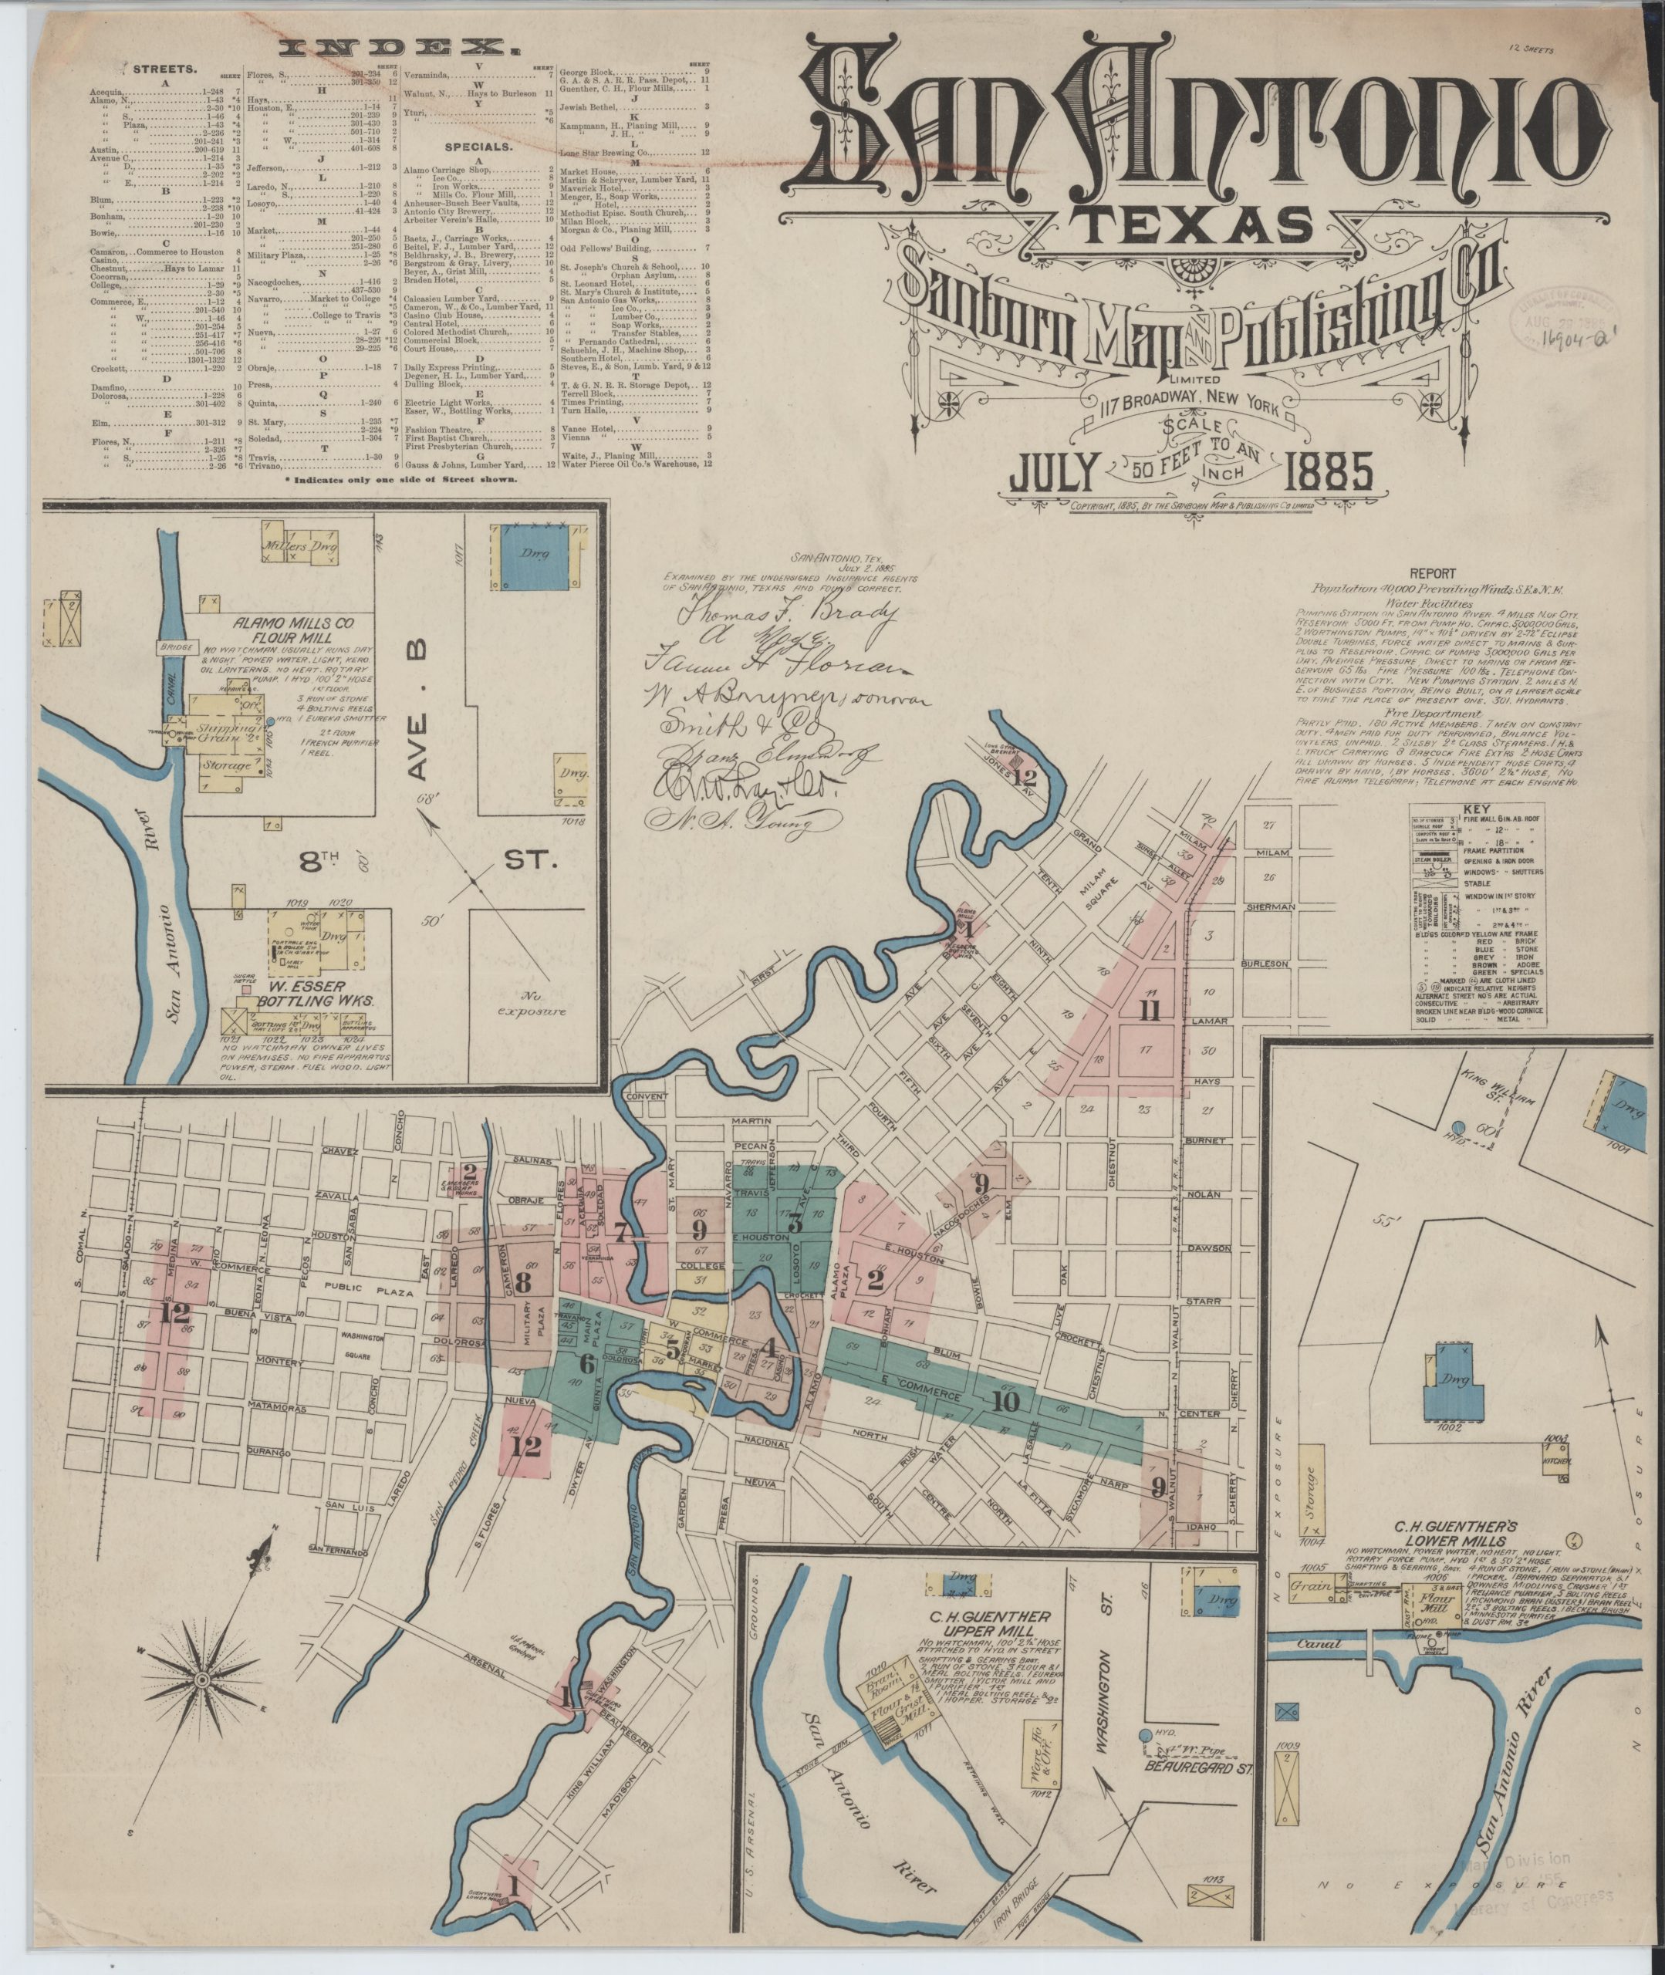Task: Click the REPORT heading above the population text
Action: [x=1432, y=572]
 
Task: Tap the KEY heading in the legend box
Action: [x=1474, y=809]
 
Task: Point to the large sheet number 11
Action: [x=1149, y=1011]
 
